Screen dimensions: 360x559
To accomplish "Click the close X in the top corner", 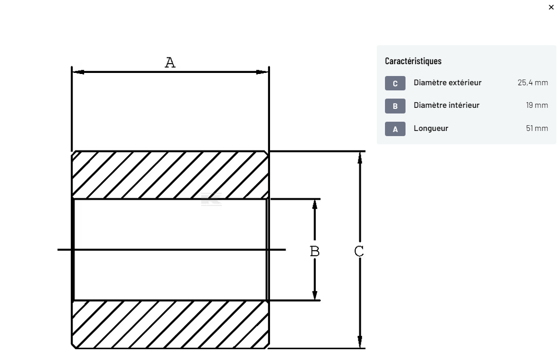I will click(x=551, y=7).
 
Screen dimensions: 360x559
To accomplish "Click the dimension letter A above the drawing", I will click(x=170, y=63).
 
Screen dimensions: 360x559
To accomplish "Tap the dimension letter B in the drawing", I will click(x=315, y=251).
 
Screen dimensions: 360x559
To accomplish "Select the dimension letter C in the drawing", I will click(x=359, y=251).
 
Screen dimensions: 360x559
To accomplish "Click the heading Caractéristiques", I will click(x=413, y=61).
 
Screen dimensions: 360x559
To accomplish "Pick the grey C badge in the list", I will click(x=395, y=83).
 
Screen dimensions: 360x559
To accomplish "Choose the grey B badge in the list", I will click(x=395, y=106).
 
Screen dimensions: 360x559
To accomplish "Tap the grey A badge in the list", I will click(x=395, y=129).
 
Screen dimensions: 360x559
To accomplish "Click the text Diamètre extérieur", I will click(x=448, y=83).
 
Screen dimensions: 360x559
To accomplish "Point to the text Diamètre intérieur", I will click(x=447, y=105).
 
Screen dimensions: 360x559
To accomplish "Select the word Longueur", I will click(x=431, y=128).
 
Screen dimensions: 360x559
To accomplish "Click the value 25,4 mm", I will click(x=533, y=83).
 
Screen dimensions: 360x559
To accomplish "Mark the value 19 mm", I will click(x=537, y=105).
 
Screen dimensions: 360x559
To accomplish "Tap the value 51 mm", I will click(x=537, y=128).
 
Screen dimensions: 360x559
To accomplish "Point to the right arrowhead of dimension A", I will click(x=262, y=72).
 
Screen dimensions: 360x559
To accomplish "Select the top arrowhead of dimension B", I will click(x=315, y=204).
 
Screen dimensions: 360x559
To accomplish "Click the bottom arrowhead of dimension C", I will click(x=360, y=342).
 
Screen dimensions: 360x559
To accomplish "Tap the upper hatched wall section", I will click(x=170, y=175).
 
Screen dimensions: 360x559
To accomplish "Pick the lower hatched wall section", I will click(x=170, y=325).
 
